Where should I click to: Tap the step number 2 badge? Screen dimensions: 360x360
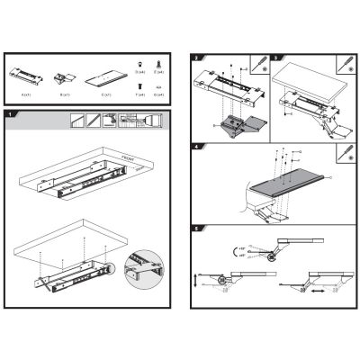click(196, 58)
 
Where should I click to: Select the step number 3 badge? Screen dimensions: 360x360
click(276, 58)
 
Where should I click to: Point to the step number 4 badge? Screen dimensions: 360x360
click(196, 144)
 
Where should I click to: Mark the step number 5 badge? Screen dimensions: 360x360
click(196, 229)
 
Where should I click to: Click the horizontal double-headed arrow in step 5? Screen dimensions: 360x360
click(314, 291)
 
